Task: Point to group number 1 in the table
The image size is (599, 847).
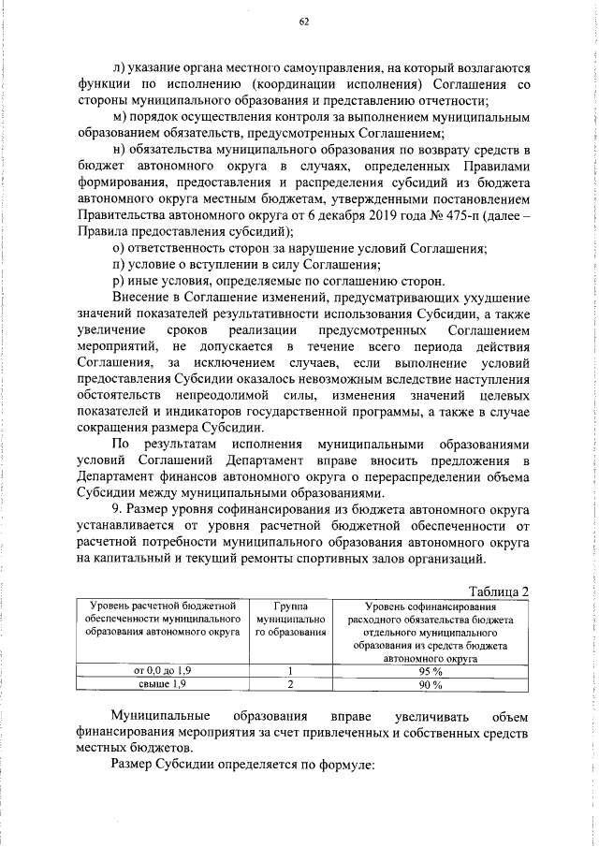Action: click(x=291, y=670)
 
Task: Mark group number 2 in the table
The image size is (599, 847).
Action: click(x=291, y=684)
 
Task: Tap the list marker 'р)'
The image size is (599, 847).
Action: click(x=117, y=283)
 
